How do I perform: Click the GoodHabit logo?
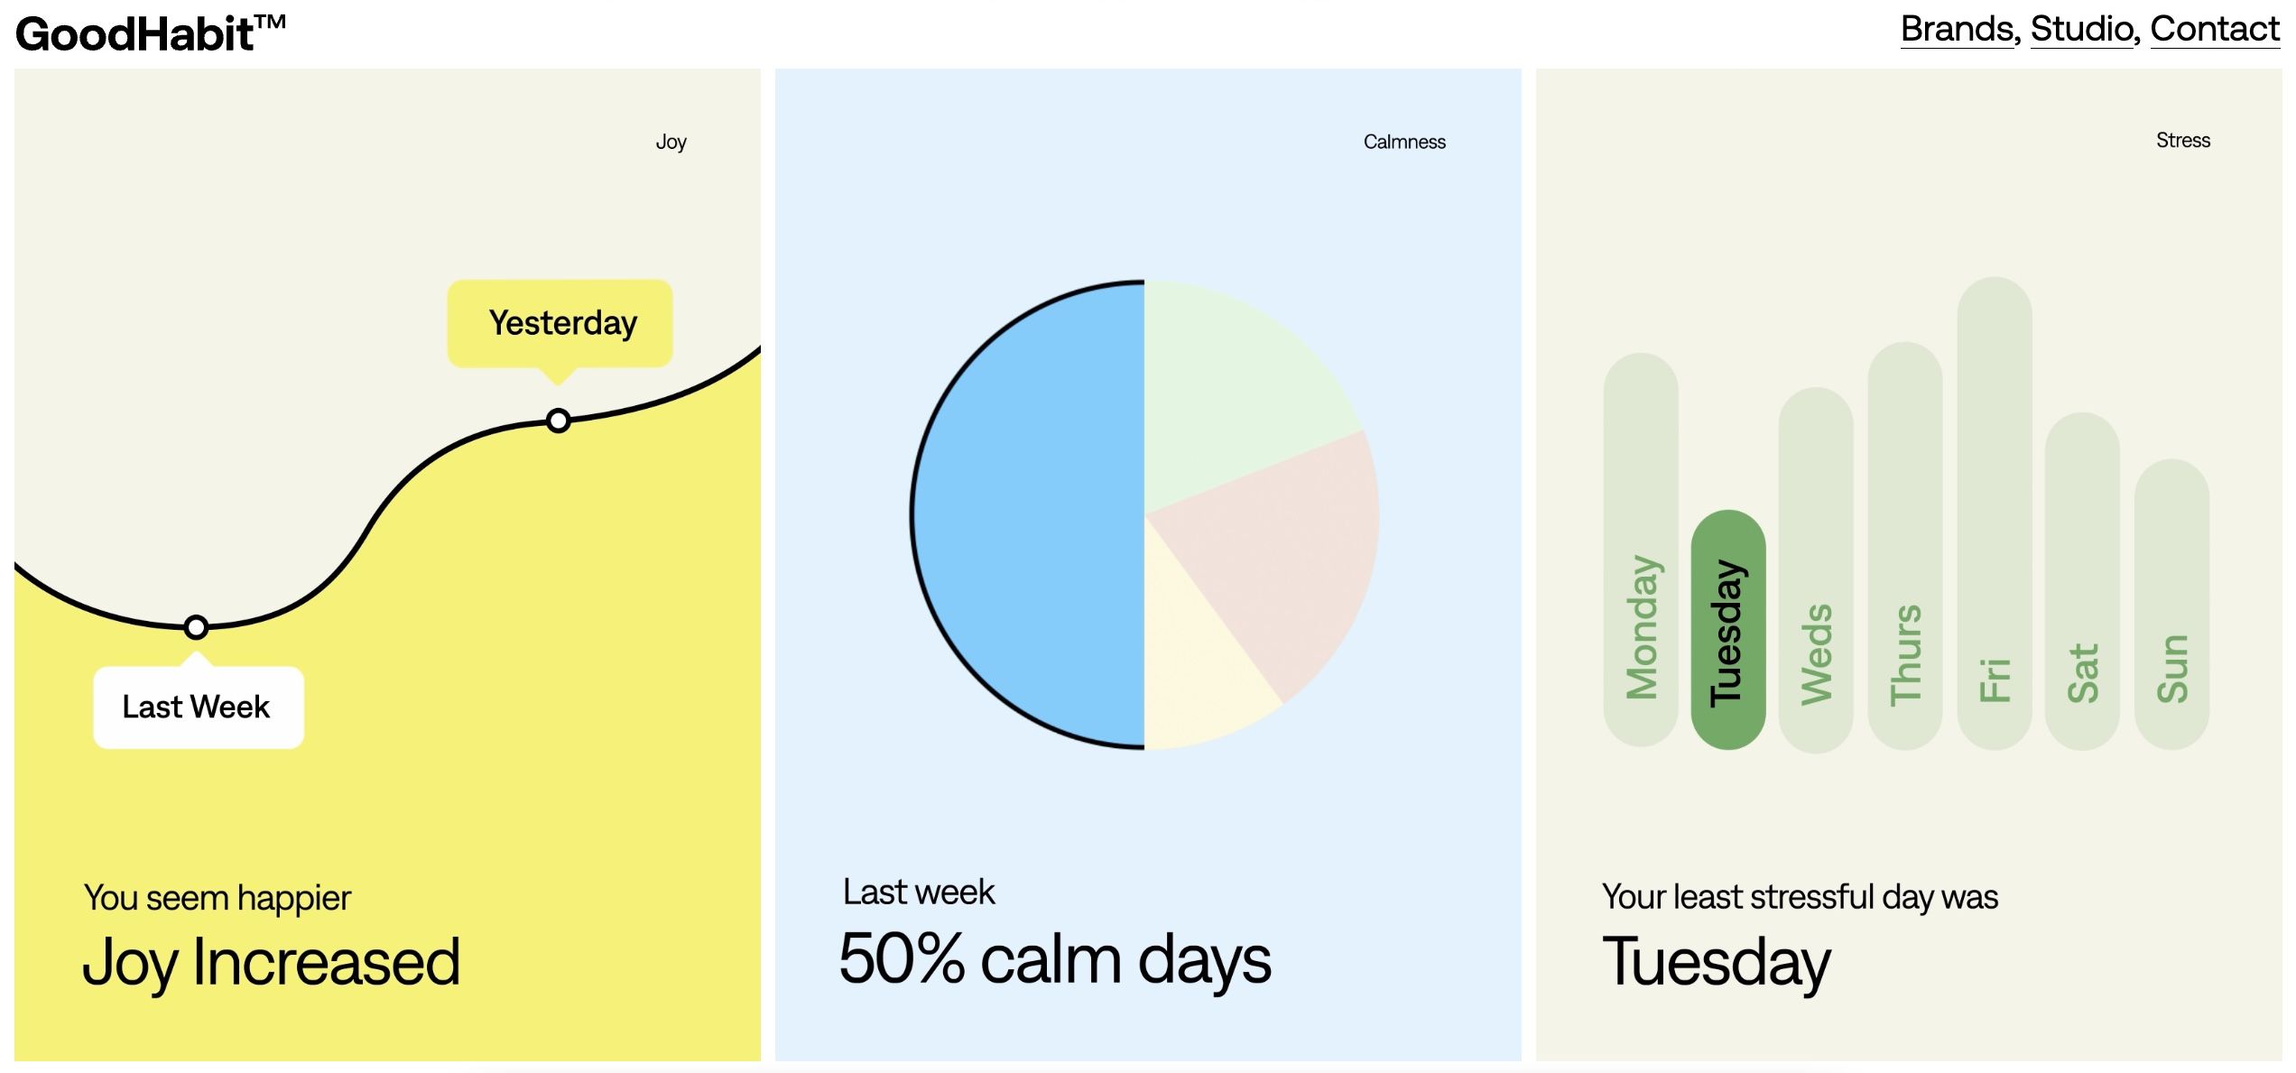point(151,33)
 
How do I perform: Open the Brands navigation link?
point(1958,29)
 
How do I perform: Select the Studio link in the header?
point(2082,29)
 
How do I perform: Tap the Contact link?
point(2215,29)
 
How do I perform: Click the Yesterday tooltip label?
point(560,323)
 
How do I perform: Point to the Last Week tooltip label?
point(199,707)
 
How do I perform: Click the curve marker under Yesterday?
point(559,421)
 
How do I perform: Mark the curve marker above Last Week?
point(196,627)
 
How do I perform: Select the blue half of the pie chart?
point(1029,514)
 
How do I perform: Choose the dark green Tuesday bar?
point(1728,630)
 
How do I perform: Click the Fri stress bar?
point(1995,513)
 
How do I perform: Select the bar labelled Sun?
point(2172,604)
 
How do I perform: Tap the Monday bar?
point(1641,550)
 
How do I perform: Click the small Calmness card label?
point(1404,142)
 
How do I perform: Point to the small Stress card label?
point(2183,140)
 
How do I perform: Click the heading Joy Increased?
point(272,963)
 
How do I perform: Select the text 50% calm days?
point(1055,959)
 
